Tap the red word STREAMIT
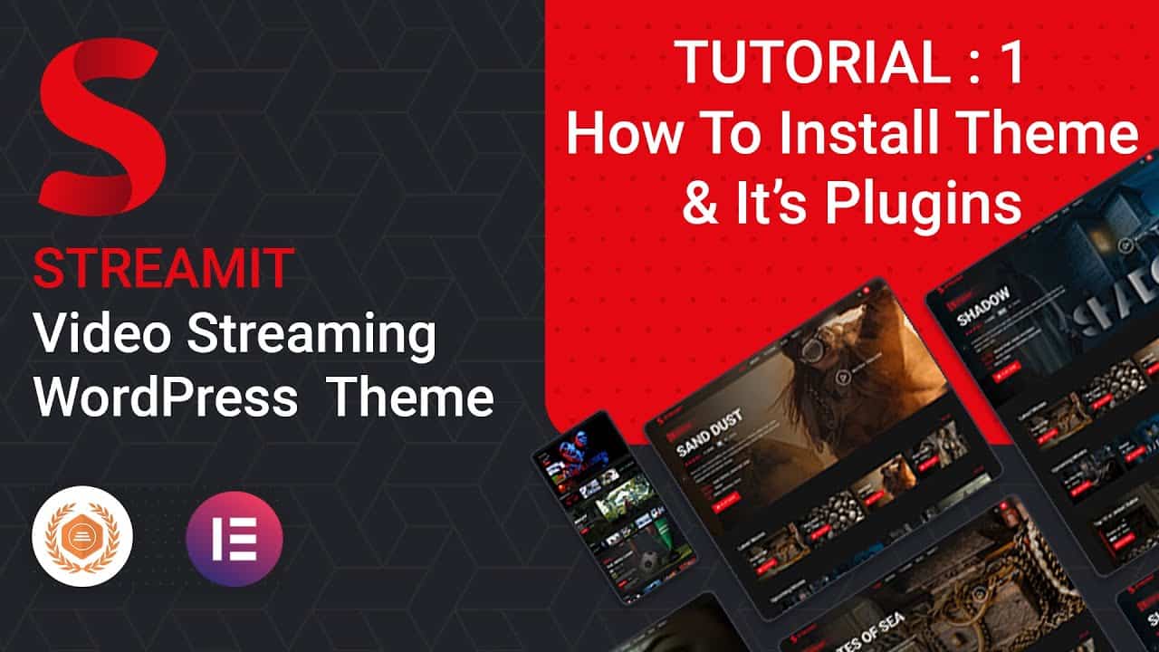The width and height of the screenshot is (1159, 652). pyautogui.click(x=163, y=269)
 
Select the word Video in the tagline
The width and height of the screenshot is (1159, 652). pyautogui.click(x=102, y=336)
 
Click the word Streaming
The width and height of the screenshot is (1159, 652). pyautogui.click(x=311, y=336)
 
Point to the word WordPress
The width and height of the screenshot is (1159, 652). pyautogui.click(x=167, y=398)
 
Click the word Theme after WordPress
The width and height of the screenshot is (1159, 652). pyautogui.click(x=409, y=398)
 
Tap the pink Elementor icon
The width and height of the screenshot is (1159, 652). pyautogui.click(x=235, y=539)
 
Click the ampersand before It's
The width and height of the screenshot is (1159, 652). pyautogui.click(x=698, y=205)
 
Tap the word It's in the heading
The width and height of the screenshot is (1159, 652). pyautogui.click(x=765, y=204)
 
